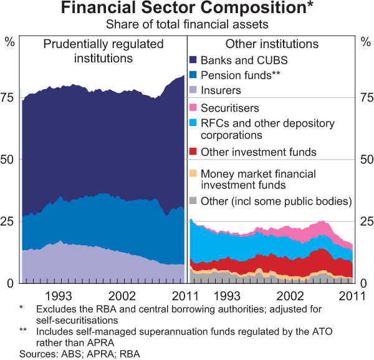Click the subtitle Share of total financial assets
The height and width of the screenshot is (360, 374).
pyautogui.click(x=186, y=25)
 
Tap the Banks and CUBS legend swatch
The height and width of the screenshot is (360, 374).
pyautogui.click(x=193, y=61)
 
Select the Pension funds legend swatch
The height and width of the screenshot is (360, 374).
pyautogui.click(x=193, y=75)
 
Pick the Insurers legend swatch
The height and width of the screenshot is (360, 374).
pyautogui.click(x=193, y=91)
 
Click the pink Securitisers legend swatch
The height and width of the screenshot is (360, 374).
pyautogui.click(x=193, y=109)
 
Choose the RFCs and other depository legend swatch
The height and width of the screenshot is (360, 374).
pyautogui.click(x=193, y=124)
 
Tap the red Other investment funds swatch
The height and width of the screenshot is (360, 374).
pyautogui.click(x=193, y=152)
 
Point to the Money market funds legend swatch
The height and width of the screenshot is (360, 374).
pyautogui.click(x=193, y=173)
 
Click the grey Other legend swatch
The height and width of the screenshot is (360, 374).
pyautogui.click(x=193, y=201)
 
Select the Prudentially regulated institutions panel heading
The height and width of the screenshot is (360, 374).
pyautogui.click(x=103, y=51)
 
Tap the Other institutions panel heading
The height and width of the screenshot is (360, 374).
pyautogui.click(x=272, y=44)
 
